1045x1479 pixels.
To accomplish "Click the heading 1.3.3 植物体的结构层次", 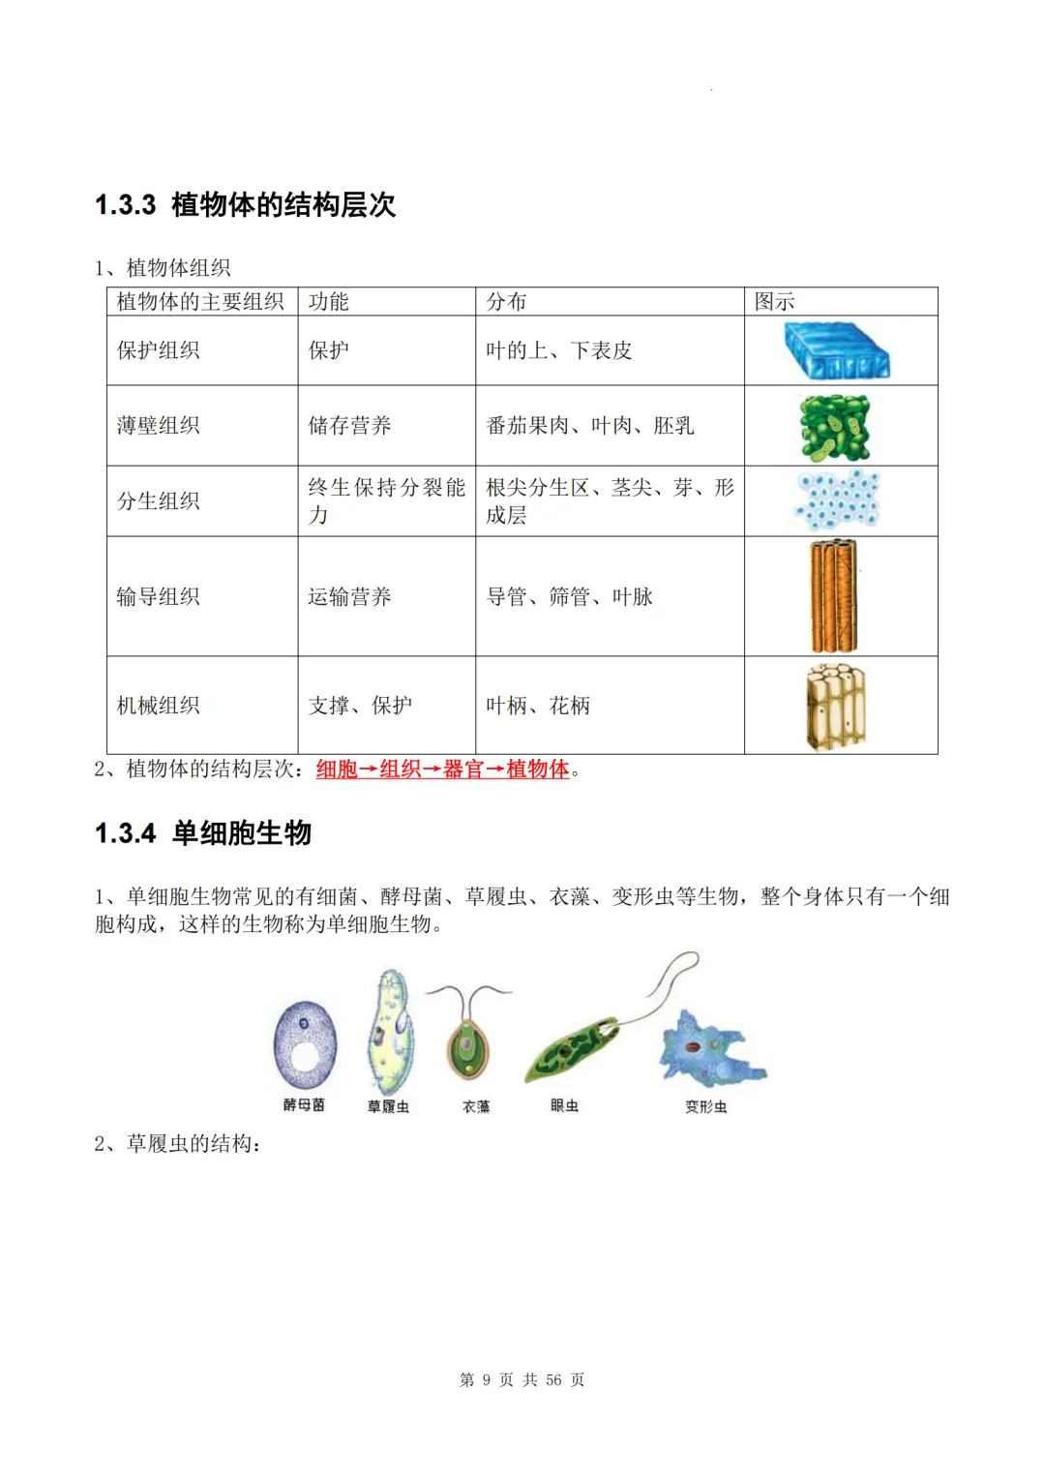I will (245, 205).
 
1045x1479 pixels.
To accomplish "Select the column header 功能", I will (328, 302).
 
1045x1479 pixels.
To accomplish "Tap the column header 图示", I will (774, 302).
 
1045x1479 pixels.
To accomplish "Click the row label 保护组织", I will (159, 350).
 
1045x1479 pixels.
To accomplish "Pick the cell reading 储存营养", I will (349, 426).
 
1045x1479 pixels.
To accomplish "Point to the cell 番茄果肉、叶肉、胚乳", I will (589, 426).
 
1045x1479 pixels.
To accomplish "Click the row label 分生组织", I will (159, 501).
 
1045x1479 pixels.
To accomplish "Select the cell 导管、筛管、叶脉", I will (569, 597).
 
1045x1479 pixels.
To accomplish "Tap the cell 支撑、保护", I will (360, 706).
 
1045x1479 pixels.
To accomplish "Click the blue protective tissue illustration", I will (836, 350).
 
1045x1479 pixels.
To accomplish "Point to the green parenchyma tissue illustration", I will (834, 427).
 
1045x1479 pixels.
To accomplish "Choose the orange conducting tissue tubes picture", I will (833, 596).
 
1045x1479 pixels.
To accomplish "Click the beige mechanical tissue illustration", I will (835, 706).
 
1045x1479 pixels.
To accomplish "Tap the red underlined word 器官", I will (463, 770).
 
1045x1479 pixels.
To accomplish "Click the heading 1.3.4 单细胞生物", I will (203, 833).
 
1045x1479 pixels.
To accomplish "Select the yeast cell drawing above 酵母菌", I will (306, 1046).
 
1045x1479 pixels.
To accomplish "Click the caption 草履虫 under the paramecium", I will (388, 1106).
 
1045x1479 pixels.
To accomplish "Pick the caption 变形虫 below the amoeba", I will (705, 1106).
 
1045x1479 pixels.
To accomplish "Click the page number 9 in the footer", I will (486, 1380).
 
